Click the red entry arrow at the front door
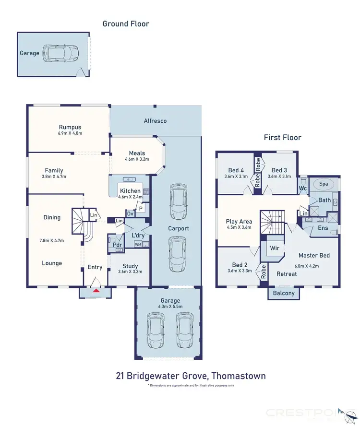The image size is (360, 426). [x=96, y=290]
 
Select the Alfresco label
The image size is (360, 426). [x=155, y=121]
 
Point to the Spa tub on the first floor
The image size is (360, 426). [x=324, y=184]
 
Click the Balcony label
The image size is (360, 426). [x=284, y=293]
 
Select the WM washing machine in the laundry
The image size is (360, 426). [x=138, y=245]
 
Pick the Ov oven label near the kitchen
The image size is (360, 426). [x=130, y=213]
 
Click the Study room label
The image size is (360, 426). [x=130, y=266]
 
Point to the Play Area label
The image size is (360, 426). [x=239, y=222]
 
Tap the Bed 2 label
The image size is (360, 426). [x=240, y=265]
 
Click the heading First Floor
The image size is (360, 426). [x=282, y=138]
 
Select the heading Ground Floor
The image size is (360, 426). [x=126, y=24]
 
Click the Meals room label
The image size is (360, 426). [x=137, y=154]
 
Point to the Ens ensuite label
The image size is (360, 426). [x=323, y=227]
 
